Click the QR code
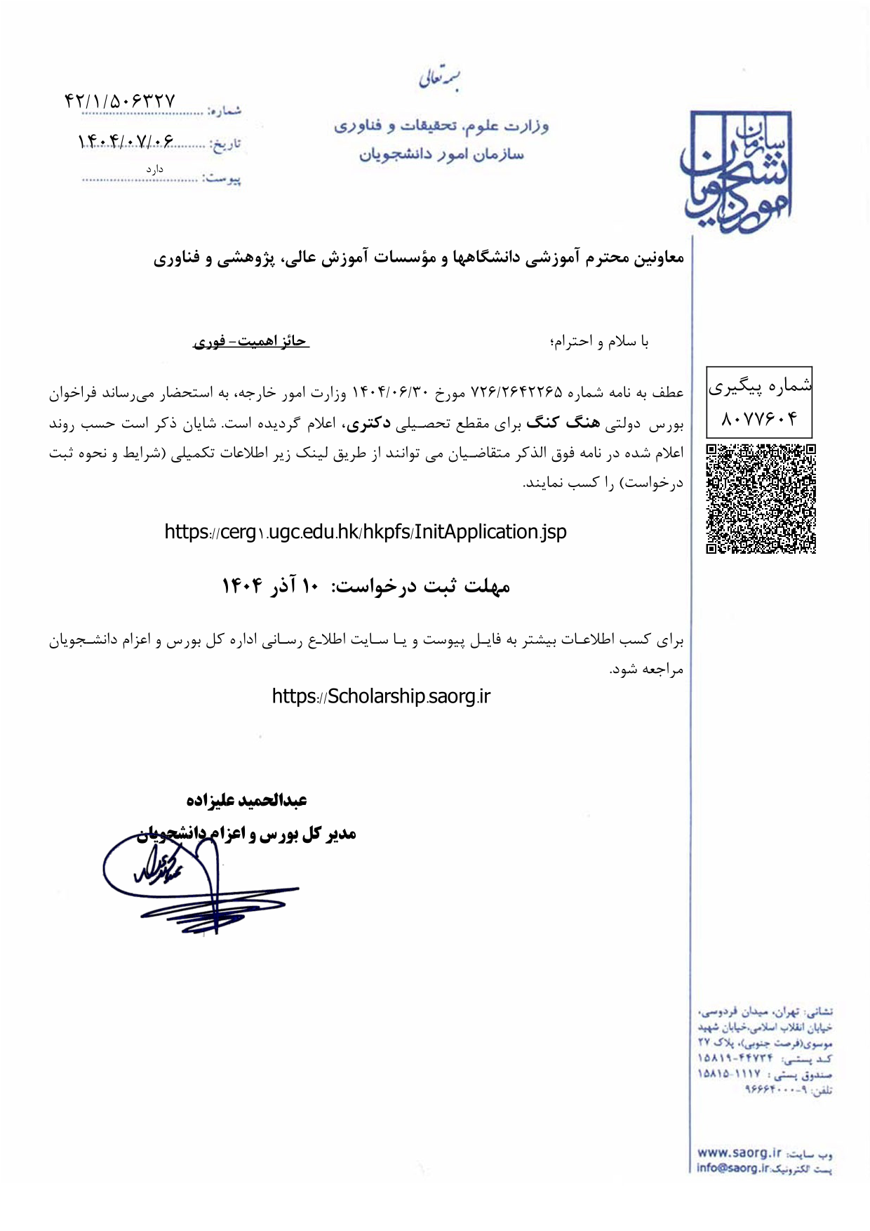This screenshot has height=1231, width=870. pyautogui.click(x=761, y=498)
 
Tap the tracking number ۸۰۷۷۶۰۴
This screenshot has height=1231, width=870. pyautogui.click(x=759, y=419)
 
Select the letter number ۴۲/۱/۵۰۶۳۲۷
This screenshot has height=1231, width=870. pyautogui.click(x=119, y=101)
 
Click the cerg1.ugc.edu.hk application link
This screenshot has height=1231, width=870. pyautogui.click(x=366, y=532)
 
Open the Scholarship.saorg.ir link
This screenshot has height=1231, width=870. pyautogui.click(x=381, y=696)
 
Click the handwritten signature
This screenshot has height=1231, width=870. pyautogui.click(x=189, y=884)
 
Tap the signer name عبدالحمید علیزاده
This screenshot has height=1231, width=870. pyautogui.click(x=247, y=800)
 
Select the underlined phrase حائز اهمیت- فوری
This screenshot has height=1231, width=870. pyautogui.click(x=250, y=342)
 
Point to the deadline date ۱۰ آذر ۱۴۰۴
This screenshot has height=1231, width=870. pyautogui.click(x=270, y=586)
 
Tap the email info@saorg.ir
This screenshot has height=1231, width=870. pyautogui.click(x=732, y=1168)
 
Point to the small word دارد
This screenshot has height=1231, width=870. pyautogui.click(x=154, y=169)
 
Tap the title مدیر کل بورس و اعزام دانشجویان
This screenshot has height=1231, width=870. pyautogui.click(x=247, y=834)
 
